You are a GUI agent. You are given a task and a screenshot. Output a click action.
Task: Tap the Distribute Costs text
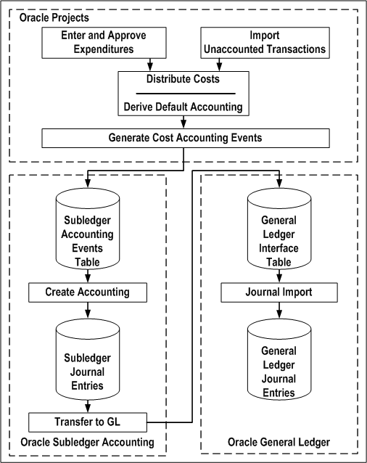183,79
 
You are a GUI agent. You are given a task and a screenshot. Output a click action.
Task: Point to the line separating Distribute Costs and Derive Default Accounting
183,94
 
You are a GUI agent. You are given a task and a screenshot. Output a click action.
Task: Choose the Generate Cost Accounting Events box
185,137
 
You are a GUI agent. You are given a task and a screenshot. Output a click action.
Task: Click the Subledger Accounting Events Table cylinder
87,229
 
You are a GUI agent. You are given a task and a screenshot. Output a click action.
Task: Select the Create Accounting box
87,292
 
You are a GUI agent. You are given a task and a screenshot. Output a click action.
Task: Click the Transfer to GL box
87,421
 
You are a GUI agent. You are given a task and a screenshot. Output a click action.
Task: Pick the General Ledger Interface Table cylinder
279,229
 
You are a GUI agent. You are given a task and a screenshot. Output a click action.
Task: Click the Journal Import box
279,292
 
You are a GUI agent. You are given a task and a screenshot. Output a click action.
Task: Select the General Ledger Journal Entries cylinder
279,361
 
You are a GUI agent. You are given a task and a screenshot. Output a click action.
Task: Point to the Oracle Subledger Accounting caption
87,442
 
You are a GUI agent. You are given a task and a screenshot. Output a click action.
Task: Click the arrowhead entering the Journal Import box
279,279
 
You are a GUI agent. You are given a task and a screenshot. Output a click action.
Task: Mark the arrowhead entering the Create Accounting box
87,279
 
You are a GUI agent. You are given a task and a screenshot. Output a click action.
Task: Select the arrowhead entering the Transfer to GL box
87,409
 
